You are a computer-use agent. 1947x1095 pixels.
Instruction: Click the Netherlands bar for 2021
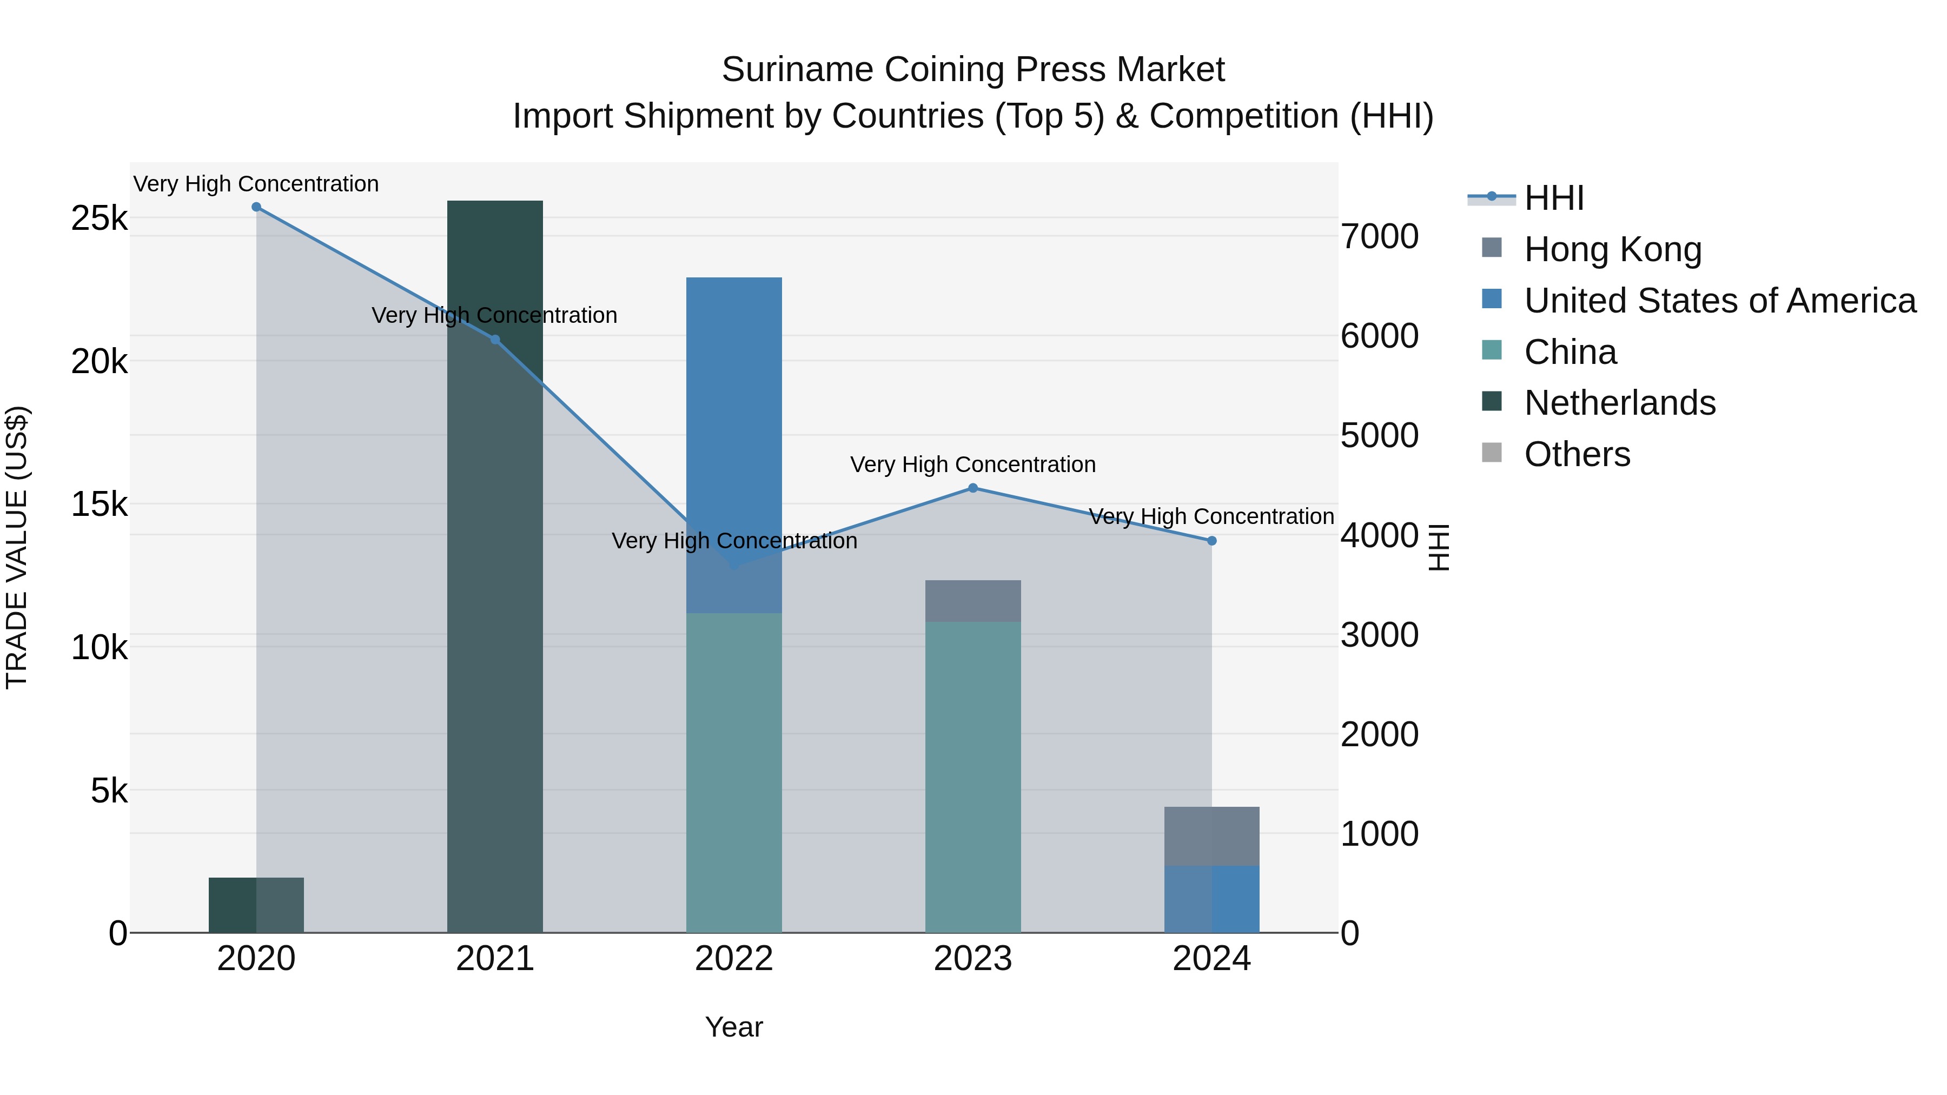495,567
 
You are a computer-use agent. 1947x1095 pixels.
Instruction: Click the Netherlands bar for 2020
256,905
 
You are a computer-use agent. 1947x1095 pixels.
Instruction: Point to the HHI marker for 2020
256,207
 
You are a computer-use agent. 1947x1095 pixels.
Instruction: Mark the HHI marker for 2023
973,488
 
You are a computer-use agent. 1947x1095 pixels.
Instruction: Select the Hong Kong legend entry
1612,249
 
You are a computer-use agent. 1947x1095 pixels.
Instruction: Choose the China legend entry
1570,352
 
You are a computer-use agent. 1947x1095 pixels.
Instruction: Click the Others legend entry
1577,454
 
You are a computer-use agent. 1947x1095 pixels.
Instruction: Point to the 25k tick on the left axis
99,219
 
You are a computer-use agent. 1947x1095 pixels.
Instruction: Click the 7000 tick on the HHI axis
1379,236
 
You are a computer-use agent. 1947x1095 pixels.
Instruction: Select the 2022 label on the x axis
734,959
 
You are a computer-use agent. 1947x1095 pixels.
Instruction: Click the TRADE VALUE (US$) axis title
17,547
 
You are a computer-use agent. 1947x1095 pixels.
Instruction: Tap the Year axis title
734,1027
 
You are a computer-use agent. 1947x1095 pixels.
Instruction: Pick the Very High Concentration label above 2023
973,464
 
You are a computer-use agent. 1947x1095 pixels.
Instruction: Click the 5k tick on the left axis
109,791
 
